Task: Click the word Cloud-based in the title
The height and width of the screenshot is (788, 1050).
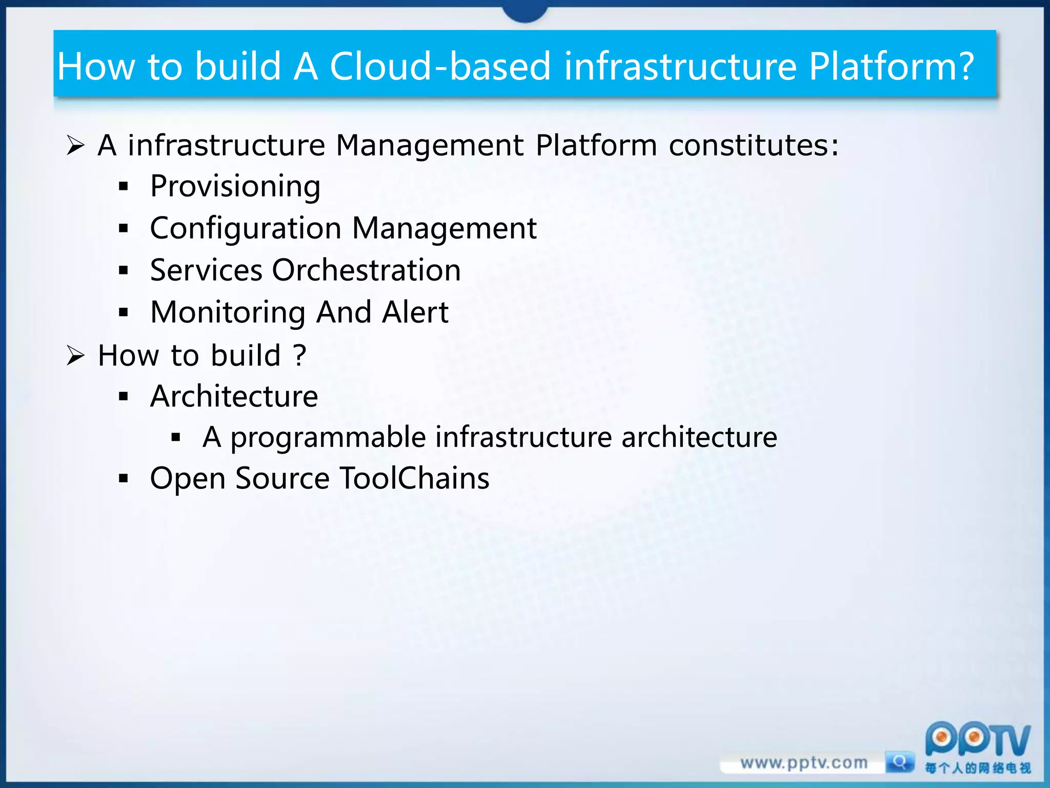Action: coord(440,67)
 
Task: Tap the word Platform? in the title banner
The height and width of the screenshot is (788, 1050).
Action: coord(891,67)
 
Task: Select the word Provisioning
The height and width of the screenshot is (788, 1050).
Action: coord(235,186)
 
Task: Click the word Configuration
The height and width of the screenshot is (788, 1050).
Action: coord(246,228)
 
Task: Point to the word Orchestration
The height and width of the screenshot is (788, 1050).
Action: coord(366,270)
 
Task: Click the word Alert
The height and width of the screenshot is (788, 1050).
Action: coord(415,312)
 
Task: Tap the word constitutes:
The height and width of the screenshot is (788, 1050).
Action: coord(754,145)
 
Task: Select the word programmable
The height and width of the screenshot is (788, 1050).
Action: coord(328,438)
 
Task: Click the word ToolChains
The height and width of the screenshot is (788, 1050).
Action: coord(414,479)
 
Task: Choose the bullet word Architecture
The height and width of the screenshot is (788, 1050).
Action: coord(234,397)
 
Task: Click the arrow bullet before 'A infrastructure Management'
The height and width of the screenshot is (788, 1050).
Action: coord(75,146)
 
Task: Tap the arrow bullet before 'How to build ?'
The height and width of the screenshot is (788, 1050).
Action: coord(75,356)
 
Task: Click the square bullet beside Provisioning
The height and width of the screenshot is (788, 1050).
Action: coord(123,187)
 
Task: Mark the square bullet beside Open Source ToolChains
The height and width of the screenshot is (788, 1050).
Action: coord(123,479)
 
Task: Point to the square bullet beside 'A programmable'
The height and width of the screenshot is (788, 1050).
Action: coord(176,438)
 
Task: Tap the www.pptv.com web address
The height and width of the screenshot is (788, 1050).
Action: coord(803,763)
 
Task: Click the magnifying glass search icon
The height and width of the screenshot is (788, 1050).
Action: coord(899,762)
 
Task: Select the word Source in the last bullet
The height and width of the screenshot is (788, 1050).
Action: coord(282,479)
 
